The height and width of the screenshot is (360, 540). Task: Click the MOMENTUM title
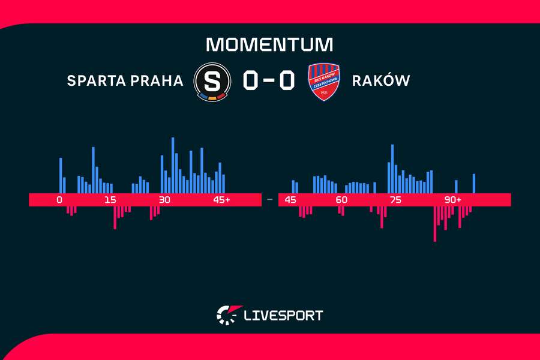pyautogui.click(x=269, y=44)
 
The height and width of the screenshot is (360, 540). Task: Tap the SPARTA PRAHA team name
pyautogui.click(x=125, y=80)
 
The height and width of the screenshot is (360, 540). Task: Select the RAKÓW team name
pyautogui.click(x=381, y=80)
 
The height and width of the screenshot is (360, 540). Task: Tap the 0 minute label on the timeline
pyautogui.click(x=59, y=200)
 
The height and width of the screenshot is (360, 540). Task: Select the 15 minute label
pyautogui.click(x=110, y=200)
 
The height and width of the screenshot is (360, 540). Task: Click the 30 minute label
pyautogui.click(x=164, y=200)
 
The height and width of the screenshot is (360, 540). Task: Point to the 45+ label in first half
pyautogui.click(x=221, y=200)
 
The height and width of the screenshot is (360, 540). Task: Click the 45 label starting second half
pyautogui.click(x=291, y=200)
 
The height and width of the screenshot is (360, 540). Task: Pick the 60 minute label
pyautogui.click(x=341, y=200)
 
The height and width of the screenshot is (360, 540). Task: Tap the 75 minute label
pyautogui.click(x=395, y=200)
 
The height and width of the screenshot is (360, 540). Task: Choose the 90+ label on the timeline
pyautogui.click(x=452, y=200)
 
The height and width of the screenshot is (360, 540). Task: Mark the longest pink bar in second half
pyautogui.click(x=435, y=223)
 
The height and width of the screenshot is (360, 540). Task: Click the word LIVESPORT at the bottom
pyautogui.click(x=283, y=314)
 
